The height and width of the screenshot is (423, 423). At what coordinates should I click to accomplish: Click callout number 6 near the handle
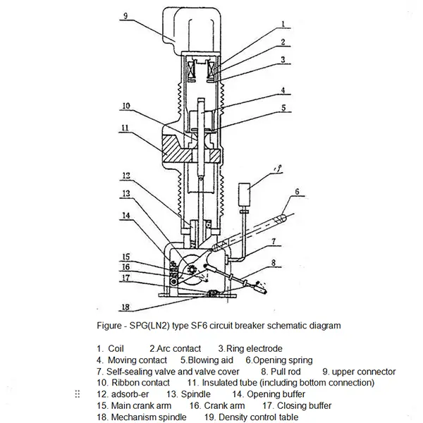point(298,191)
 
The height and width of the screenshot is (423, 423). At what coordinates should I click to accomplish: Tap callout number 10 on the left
point(125,107)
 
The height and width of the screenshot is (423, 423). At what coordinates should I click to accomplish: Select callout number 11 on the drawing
point(125,130)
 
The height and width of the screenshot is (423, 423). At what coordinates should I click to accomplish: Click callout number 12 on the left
point(125,176)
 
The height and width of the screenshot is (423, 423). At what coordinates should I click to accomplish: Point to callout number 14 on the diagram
point(125,216)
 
